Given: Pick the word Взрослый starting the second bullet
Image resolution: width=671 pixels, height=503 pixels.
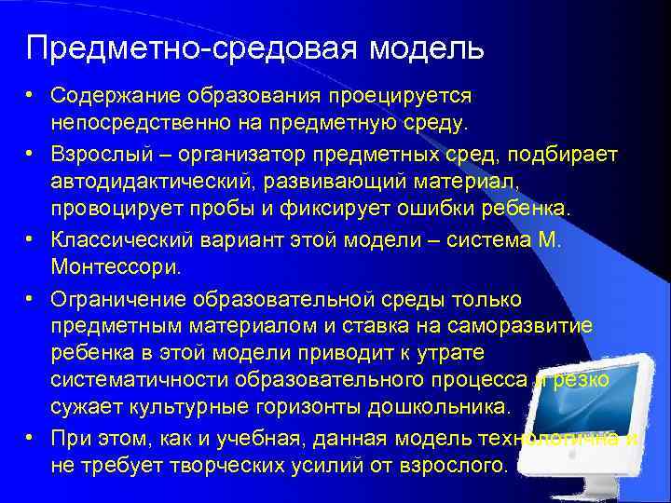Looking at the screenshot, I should point(94,153).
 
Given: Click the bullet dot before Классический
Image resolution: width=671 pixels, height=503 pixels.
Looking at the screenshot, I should point(31,239).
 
